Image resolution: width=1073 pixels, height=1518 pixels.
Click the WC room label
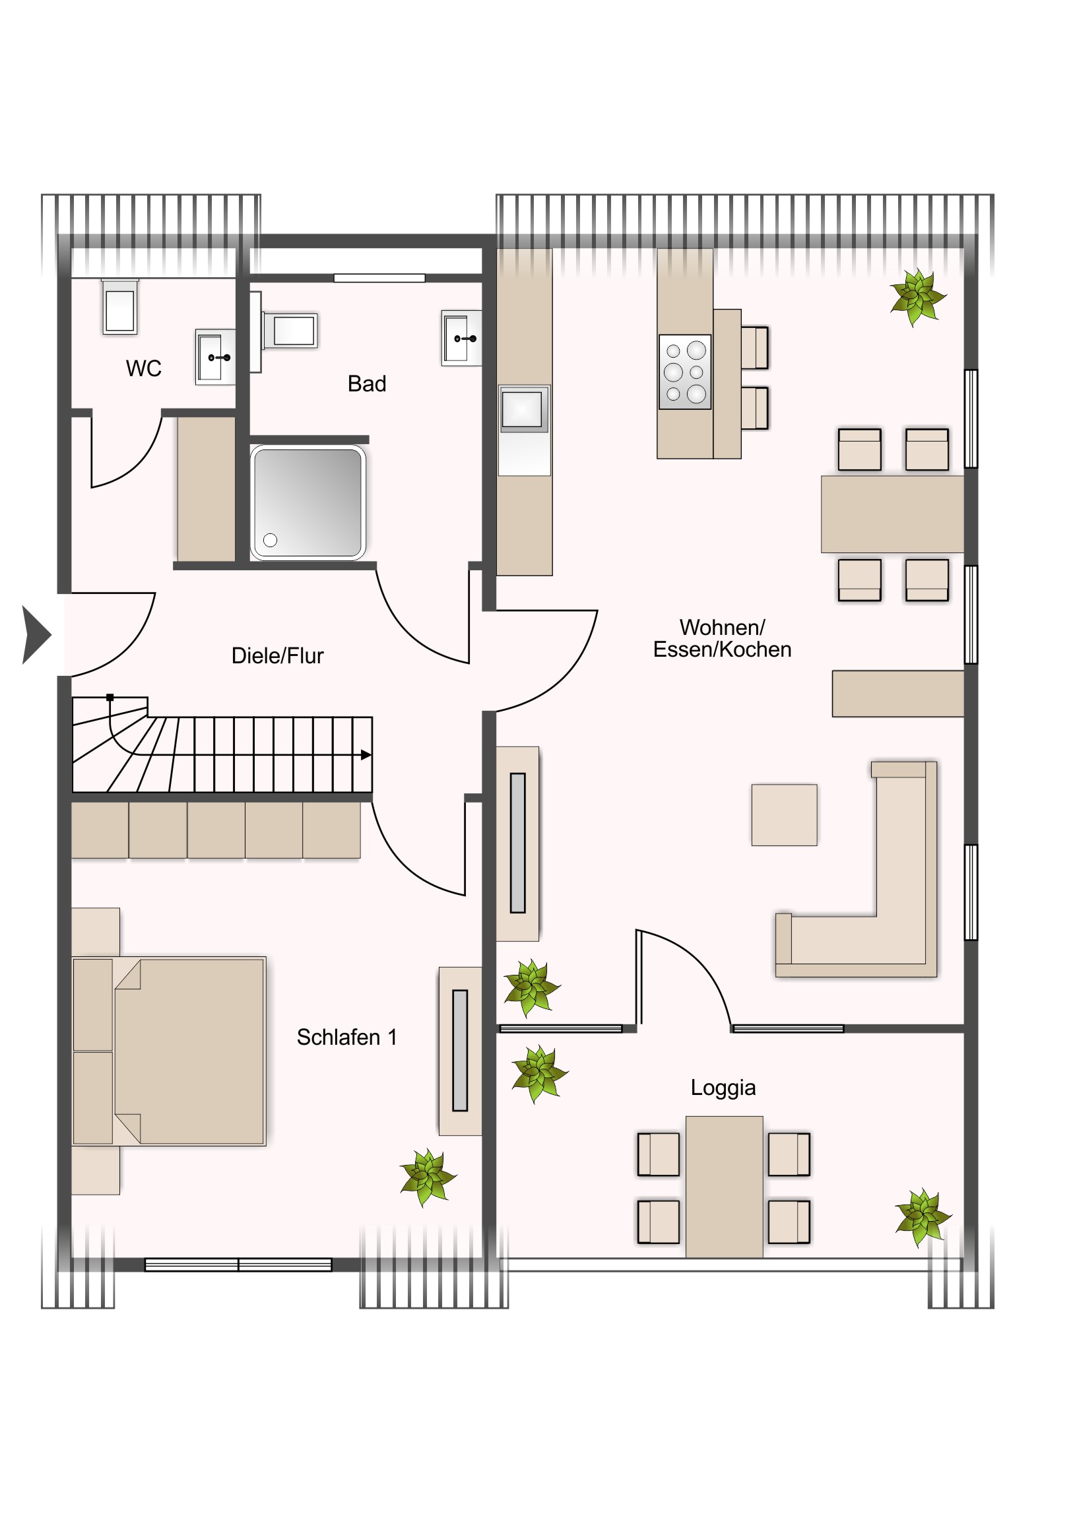pos(143,368)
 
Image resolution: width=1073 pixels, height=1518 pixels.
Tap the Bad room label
pos(367,383)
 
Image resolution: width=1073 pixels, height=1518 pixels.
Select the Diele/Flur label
pos(278,655)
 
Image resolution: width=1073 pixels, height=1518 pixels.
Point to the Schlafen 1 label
pos(347,1037)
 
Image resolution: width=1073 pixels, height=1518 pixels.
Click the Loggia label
pos(723,1088)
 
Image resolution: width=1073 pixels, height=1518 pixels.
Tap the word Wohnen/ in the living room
pos(723,627)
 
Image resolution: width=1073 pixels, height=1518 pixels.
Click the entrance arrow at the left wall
pos(36,635)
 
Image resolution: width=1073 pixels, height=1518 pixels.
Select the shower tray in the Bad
pos(308,502)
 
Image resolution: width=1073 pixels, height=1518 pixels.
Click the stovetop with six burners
pos(685,372)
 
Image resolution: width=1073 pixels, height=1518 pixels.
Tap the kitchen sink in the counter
pos(524,409)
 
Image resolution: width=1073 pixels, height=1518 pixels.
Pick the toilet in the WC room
pos(120,307)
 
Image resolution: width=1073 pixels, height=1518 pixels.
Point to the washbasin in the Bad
pos(461,339)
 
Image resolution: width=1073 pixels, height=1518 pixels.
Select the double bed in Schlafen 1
pos(169,1051)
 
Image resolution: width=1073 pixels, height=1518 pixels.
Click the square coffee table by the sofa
pos(785,815)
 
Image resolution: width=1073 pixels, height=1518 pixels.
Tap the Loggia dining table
pos(725,1187)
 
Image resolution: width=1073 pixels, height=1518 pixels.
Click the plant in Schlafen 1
pos(428,1177)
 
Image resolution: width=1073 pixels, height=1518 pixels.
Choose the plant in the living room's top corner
pos(919,297)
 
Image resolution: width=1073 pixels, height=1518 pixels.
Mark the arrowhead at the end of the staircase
pos(366,755)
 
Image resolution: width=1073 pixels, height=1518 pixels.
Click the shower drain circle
pos(271,540)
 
